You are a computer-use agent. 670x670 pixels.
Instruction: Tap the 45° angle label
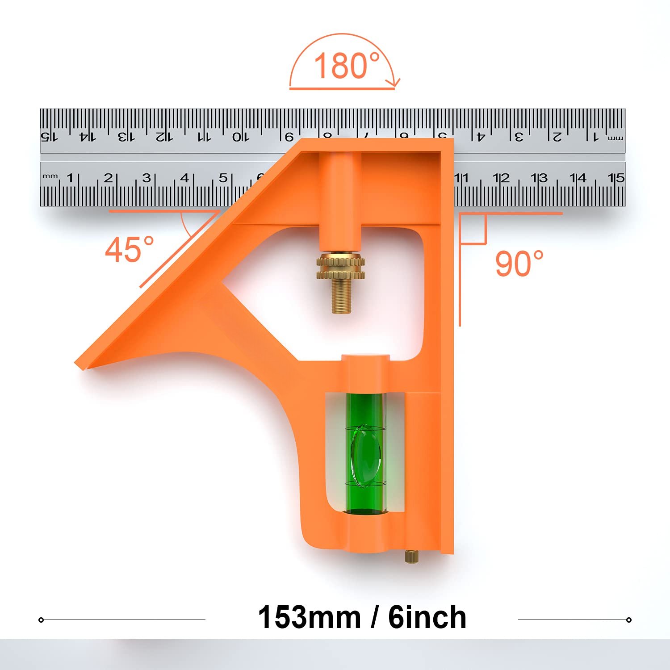[x=130, y=249]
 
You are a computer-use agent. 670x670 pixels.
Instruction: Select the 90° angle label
[x=519, y=263]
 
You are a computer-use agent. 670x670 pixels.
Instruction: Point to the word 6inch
[x=427, y=617]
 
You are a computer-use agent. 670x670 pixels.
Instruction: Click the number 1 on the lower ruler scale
[x=70, y=178]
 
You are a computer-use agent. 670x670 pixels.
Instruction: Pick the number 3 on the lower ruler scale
[x=146, y=178]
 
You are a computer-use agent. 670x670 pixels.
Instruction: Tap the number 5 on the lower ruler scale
[x=223, y=178]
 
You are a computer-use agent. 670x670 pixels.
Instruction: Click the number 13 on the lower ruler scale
[x=539, y=178]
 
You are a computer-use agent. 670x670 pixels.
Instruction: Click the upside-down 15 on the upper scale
[x=49, y=136]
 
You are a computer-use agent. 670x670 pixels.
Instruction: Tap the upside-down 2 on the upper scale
[x=557, y=136]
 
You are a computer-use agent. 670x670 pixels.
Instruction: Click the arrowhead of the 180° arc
[x=395, y=82]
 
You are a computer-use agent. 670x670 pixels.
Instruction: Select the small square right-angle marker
[x=473, y=229]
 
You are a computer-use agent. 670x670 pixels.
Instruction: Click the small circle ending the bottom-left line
[x=41, y=620]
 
